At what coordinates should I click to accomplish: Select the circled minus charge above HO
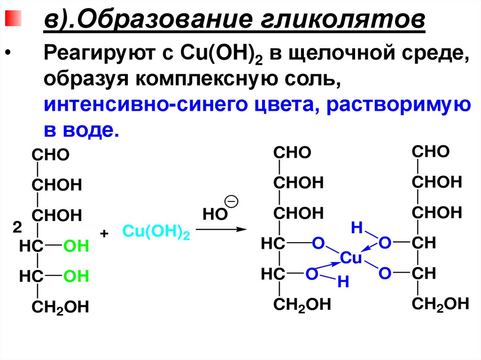coord(232,201)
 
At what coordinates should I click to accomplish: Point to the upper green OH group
coord(76,246)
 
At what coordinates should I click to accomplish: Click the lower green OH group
coord(76,276)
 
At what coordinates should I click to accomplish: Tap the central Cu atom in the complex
coord(351,258)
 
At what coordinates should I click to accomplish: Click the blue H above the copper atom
coord(357,229)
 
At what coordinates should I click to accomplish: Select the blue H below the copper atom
coord(343,283)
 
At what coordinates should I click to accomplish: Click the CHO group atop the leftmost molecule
coord(50,154)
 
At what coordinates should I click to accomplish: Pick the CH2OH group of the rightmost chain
coord(440,303)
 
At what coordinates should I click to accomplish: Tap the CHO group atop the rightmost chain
coord(430,152)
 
